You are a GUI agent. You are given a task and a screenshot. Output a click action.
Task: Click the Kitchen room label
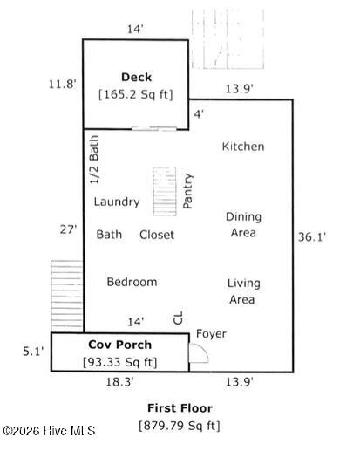(243, 147)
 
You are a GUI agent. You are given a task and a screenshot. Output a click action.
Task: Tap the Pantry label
(187, 191)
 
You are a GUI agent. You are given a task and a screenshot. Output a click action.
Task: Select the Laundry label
(117, 202)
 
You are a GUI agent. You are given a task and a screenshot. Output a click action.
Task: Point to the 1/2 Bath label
(94, 160)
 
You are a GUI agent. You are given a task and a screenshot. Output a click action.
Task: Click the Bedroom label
(132, 282)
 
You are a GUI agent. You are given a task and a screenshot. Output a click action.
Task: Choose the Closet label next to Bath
(157, 235)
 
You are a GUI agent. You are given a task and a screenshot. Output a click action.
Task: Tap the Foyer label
(211, 334)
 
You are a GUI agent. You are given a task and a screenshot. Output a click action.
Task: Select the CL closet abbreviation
(178, 318)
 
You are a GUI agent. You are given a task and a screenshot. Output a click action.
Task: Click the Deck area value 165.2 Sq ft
(136, 94)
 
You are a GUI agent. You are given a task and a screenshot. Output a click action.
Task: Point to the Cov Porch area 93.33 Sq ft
(120, 362)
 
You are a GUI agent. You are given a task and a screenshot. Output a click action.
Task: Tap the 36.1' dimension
(312, 237)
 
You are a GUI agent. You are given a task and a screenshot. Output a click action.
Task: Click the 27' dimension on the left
(68, 229)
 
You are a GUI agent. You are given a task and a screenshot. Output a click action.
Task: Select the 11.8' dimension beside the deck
(63, 85)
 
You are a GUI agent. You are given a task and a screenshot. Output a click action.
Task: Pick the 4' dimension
(199, 114)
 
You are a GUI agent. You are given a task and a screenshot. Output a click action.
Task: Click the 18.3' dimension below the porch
(119, 382)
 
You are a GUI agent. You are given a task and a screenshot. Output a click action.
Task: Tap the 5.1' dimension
(33, 352)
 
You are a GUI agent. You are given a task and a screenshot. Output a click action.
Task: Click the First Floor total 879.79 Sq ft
(180, 426)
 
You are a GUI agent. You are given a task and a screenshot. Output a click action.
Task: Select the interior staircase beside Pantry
(165, 192)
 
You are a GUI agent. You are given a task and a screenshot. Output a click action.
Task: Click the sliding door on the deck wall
(154, 128)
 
